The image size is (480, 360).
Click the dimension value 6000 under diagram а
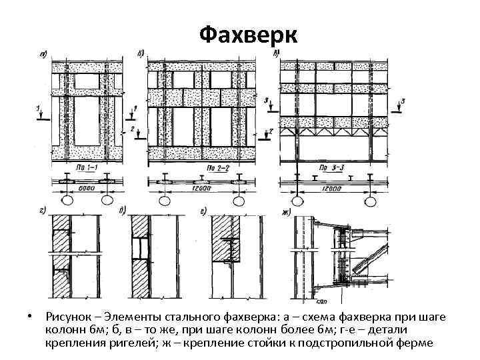point(86,189)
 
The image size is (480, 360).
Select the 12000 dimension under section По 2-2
point(196,189)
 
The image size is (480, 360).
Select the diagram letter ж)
point(287,212)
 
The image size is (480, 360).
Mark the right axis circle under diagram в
point(369,201)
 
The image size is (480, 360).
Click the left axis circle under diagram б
point(163,201)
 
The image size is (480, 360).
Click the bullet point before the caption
point(22,315)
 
